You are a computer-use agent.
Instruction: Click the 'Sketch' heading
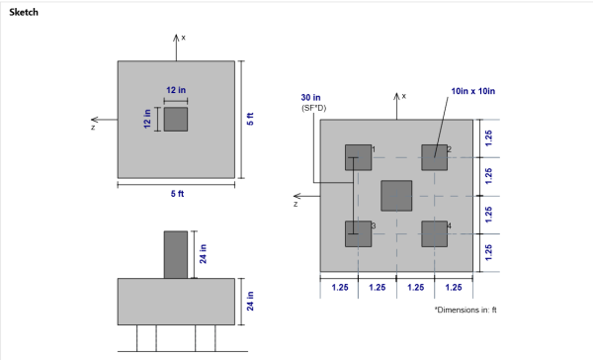[x=24, y=12]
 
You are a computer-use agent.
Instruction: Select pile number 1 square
[x=358, y=157]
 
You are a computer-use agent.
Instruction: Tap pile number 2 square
[x=435, y=157]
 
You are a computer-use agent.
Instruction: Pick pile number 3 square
[x=358, y=234]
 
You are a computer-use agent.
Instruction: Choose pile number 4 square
[x=435, y=234]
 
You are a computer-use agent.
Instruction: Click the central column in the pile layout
[x=396, y=196]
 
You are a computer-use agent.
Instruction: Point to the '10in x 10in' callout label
[x=472, y=91]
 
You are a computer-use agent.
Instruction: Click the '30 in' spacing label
[x=310, y=98]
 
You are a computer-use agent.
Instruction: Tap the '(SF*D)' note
[x=313, y=108]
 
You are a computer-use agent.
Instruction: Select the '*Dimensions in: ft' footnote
[x=466, y=310]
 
